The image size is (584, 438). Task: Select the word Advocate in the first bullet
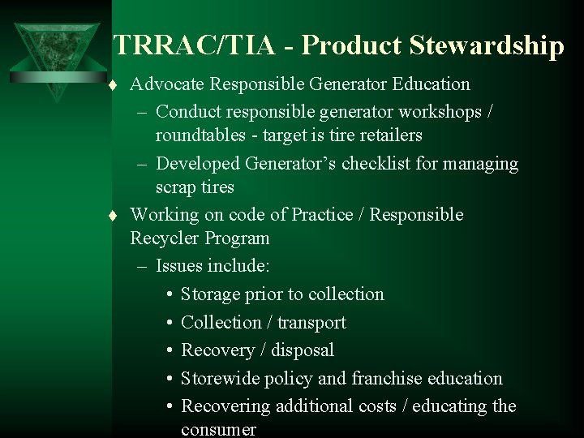[165, 84]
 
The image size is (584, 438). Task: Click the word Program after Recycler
[237, 239]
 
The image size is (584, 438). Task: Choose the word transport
[311, 322]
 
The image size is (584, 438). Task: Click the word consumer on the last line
[219, 428]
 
